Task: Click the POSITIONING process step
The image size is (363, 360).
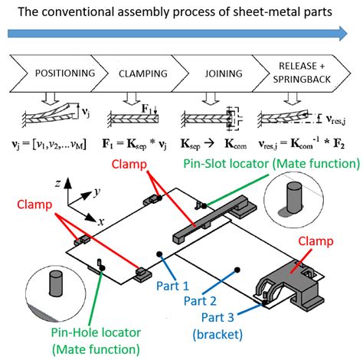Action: click(x=65, y=74)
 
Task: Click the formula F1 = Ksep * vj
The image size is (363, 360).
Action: click(x=140, y=141)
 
